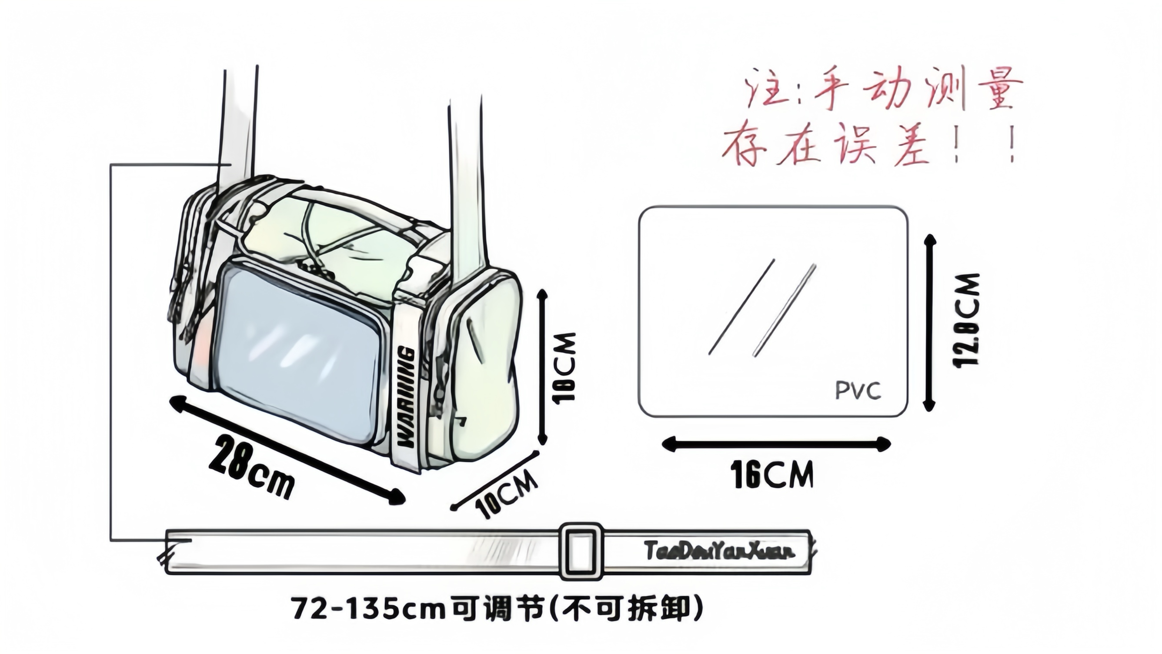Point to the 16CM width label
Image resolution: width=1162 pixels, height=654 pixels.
[x=772, y=475]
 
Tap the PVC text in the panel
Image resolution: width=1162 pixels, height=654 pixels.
[x=858, y=390]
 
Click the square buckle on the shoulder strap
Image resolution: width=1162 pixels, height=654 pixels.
[x=581, y=552]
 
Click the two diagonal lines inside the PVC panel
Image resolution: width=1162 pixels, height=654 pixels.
[x=762, y=308]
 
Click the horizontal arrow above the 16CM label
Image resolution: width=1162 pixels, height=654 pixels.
[x=776, y=444]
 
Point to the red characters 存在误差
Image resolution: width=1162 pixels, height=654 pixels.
[x=825, y=145]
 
